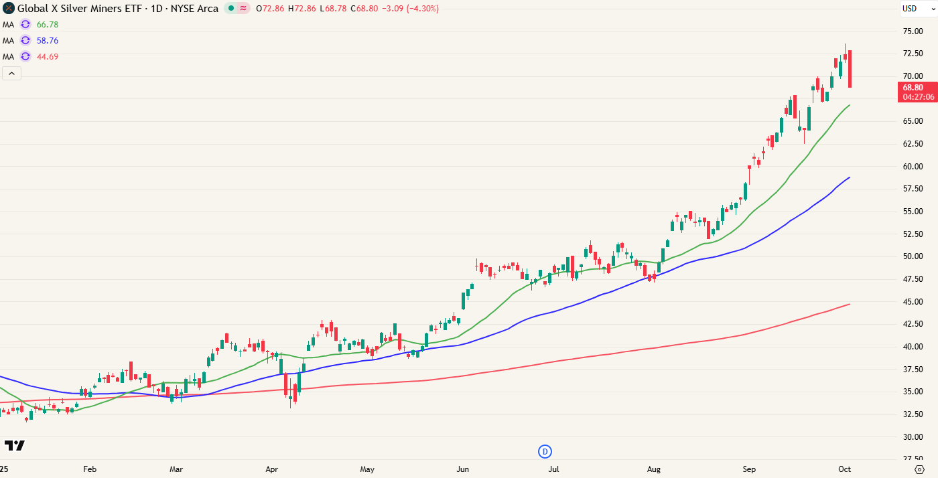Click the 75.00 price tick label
[x=913, y=31]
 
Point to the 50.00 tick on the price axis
[x=913, y=256]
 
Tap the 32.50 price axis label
[x=913, y=414]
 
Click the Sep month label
[x=749, y=469]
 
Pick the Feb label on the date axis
[x=90, y=469]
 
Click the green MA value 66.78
[x=48, y=24]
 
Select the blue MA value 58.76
[x=48, y=40]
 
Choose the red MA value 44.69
[x=48, y=56]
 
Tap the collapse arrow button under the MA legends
[x=12, y=73]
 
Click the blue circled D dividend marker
[x=545, y=451]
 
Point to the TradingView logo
[x=14, y=445]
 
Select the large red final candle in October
[x=850, y=69]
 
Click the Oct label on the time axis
[x=845, y=469]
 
